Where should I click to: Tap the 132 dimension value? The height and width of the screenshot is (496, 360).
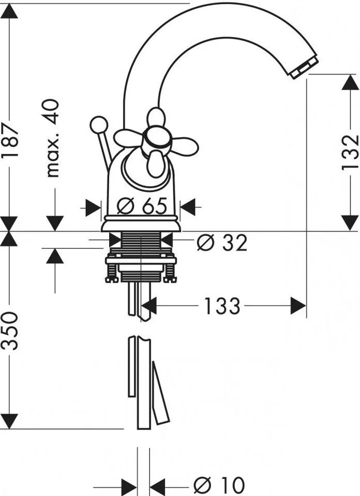pyautogui.click(x=351, y=153)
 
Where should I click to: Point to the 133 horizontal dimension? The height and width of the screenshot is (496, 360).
pyautogui.click(x=222, y=306)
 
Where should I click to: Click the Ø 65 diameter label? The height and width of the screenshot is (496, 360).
pyautogui.click(x=142, y=206)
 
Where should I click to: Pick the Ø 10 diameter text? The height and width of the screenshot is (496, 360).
pyautogui.click(x=219, y=485)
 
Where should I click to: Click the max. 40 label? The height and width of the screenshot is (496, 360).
pyautogui.click(x=52, y=138)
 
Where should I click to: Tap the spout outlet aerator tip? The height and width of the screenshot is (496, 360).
pyautogui.click(x=304, y=67)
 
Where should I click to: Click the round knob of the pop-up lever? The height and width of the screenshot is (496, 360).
pyautogui.click(x=98, y=125)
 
